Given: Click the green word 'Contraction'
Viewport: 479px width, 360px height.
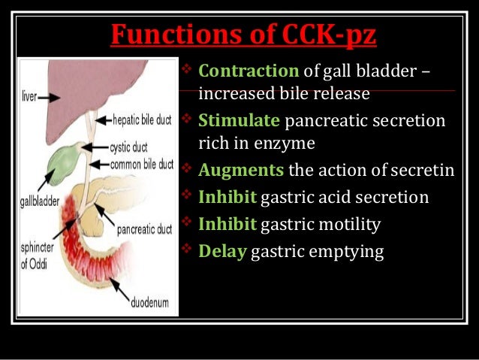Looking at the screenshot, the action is pyautogui.click(x=249, y=71).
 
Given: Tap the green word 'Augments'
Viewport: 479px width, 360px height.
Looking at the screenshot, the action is pyautogui.click(x=241, y=170).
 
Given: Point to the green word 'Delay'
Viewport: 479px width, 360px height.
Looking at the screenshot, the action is pyautogui.click(x=222, y=250).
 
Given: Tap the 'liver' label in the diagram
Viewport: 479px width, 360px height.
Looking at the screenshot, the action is pyautogui.click(x=29, y=97).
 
